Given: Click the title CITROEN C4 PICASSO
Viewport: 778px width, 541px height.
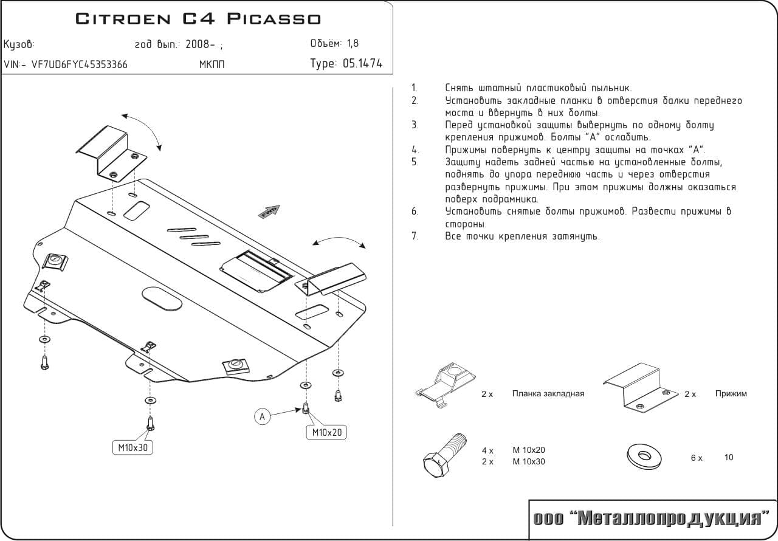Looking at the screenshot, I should (198, 19).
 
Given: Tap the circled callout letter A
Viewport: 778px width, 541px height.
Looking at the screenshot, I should (262, 416).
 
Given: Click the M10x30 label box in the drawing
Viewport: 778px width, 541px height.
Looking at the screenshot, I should (133, 448).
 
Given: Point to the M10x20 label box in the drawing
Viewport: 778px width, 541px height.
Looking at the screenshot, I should (327, 432).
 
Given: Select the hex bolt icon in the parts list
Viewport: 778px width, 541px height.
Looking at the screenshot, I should (443, 456).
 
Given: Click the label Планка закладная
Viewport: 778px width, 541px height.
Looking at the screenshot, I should (548, 393).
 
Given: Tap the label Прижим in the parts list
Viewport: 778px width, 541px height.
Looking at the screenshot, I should (731, 393).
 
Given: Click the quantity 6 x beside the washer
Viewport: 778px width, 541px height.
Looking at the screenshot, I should (696, 458).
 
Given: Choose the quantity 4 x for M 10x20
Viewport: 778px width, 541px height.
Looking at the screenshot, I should (487, 450).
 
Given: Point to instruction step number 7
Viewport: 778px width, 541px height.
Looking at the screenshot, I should (415, 236).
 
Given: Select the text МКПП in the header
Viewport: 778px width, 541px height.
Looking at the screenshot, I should (212, 64).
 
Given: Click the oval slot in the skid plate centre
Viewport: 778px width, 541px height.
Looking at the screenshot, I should (162, 299).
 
